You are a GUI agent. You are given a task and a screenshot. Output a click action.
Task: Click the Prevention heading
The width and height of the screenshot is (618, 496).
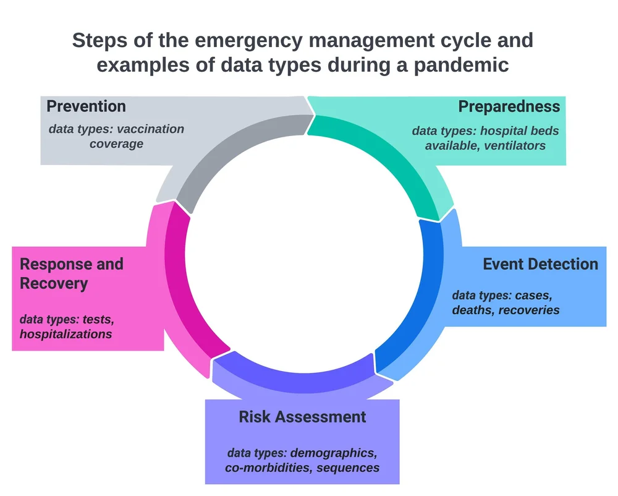[x=86, y=106]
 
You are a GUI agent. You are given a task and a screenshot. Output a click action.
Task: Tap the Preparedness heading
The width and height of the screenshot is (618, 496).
[x=509, y=106]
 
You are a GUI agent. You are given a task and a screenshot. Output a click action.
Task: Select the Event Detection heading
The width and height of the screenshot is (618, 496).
[x=540, y=264]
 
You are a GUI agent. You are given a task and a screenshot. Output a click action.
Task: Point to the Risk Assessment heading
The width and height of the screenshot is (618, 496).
[x=302, y=417]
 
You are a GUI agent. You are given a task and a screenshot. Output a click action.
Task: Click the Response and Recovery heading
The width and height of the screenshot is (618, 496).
[x=72, y=274]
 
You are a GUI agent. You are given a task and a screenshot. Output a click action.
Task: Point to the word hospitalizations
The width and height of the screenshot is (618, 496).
[x=66, y=334]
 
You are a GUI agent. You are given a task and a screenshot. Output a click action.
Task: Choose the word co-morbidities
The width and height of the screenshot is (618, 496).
[x=269, y=467]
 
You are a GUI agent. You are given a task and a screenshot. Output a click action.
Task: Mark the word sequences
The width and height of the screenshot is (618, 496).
[x=348, y=467]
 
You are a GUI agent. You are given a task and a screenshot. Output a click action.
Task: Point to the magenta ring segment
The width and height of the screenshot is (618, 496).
[x=179, y=291]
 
